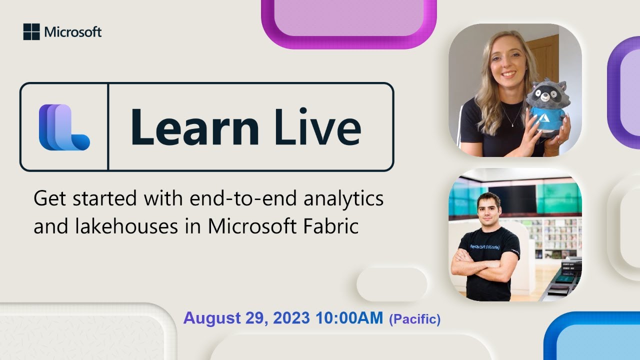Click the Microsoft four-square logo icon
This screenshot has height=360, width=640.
click(31, 32)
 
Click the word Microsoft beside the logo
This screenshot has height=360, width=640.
click(73, 32)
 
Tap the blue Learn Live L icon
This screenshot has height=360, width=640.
click(64, 127)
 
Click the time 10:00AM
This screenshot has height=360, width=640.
click(349, 318)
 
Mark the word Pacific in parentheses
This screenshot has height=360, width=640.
click(414, 319)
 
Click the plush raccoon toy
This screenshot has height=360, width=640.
click(548, 107)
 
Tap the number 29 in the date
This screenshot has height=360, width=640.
click(257, 318)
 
